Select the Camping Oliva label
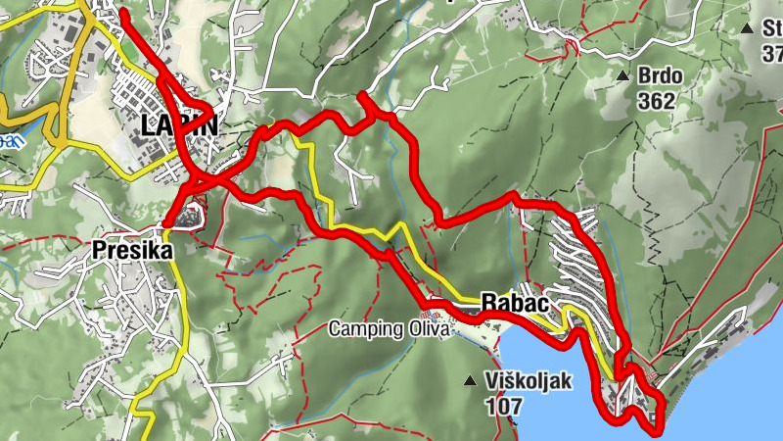click(x=389, y=329)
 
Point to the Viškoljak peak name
click(x=530, y=380)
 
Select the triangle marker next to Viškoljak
click(x=472, y=380)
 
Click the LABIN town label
click(x=178, y=125)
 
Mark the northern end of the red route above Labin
click(x=123, y=13)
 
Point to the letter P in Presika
click(x=99, y=250)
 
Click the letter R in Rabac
click(x=488, y=303)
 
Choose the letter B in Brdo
click(x=645, y=75)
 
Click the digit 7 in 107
click(x=518, y=403)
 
